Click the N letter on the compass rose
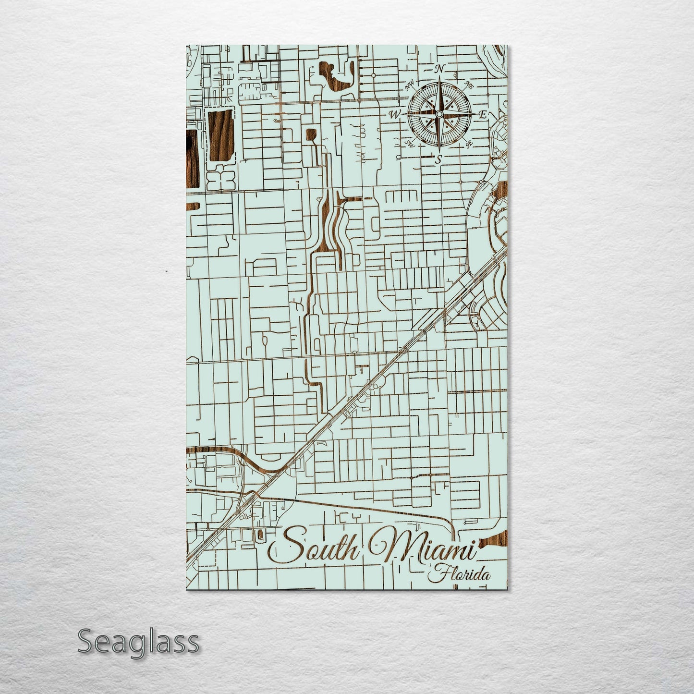[438, 69]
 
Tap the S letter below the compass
[438, 160]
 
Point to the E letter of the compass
[483, 114]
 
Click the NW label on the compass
[410, 86]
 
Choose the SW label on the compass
[410, 143]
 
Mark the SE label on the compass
[469, 143]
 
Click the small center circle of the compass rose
[438, 114]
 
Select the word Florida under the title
[461, 574]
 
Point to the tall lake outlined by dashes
[219, 133]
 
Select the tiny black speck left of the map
[166, 272]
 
